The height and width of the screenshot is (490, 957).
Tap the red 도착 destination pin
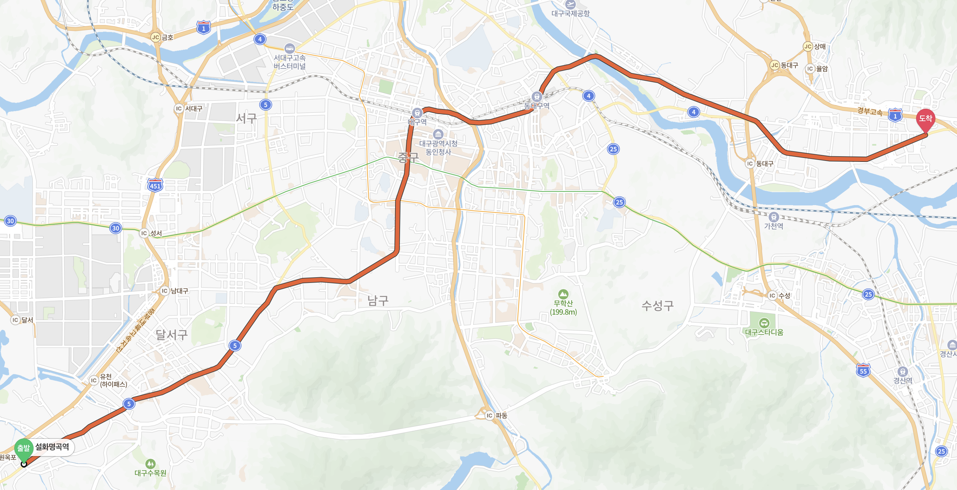point(925,119)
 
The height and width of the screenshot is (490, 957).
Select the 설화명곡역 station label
point(52,446)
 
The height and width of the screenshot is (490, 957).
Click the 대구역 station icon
point(417,113)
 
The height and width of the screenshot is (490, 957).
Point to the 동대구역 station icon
point(536,97)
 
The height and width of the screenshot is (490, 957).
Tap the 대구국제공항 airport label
point(570,13)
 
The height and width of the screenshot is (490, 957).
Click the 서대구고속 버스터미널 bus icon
point(289,48)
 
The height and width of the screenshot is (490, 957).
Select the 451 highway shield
point(155,185)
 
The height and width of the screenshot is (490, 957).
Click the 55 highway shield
point(863,370)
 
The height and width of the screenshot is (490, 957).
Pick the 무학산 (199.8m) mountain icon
point(563,294)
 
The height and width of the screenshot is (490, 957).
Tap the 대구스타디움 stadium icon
point(764,323)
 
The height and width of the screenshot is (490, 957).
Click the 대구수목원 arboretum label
point(150,473)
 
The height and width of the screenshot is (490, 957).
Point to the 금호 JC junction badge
point(155,37)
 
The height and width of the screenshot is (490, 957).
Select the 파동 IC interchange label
point(501,415)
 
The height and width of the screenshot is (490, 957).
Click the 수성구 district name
point(657,306)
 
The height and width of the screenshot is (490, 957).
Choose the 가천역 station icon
point(774,217)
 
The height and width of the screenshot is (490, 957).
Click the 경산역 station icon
point(903,371)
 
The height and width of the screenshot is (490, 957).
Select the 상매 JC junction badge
point(808,47)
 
